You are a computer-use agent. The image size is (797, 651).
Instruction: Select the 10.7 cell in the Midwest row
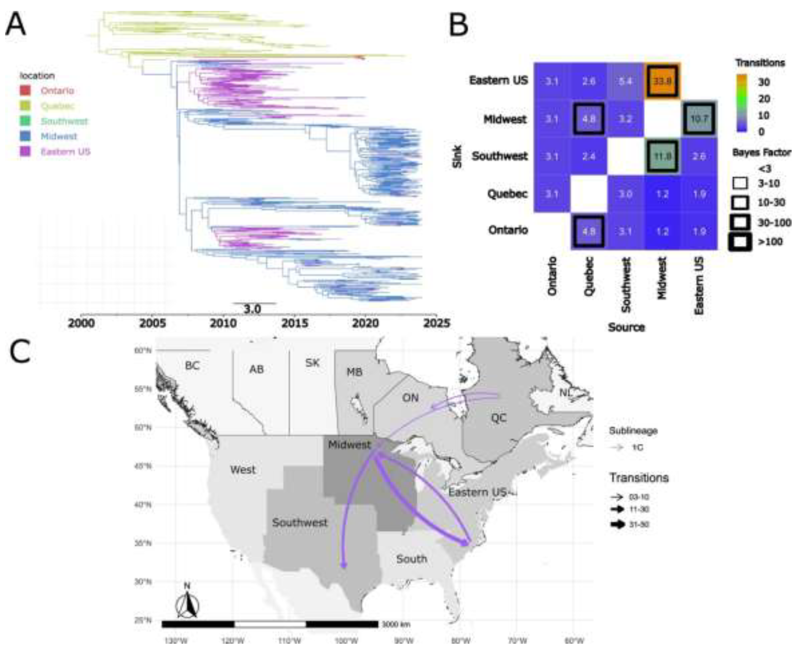[x=699, y=119]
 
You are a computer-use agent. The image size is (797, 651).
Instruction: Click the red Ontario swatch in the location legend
[x=25, y=90]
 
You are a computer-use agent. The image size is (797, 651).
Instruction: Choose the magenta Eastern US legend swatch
[x=25, y=152]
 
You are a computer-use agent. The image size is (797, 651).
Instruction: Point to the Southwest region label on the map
[x=300, y=522]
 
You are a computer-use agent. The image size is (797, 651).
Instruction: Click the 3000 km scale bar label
[x=396, y=624]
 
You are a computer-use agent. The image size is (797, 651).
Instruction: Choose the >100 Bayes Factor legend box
[x=740, y=242]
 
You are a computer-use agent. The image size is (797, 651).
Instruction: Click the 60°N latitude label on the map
[x=143, y=351]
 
